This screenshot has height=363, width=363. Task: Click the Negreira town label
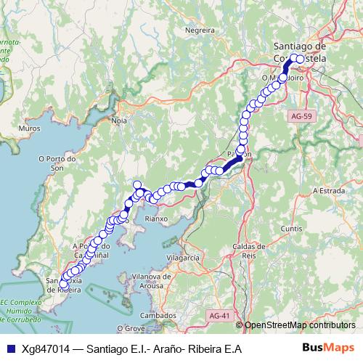pyautogui.click(x=201, y=30)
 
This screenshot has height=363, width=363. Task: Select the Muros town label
pyautogui.click(x=30, y=128)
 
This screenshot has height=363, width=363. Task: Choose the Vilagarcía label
pyautogui.click(x=182, y=258)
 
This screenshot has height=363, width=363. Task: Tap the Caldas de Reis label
pyautogui.click(x=248, y=252)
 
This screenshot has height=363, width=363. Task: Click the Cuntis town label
pyautogui.click(x=292, y=228)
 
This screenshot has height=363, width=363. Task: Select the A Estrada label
pyautogui.click(x=326, y=190)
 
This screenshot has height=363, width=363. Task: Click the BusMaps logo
pyautogui.click(x=328, y=348)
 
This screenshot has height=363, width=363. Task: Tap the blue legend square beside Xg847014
pyautogui.click(x=9, y=349)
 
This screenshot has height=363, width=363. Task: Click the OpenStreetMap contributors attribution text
pyautogui.click(x=299, y=325)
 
